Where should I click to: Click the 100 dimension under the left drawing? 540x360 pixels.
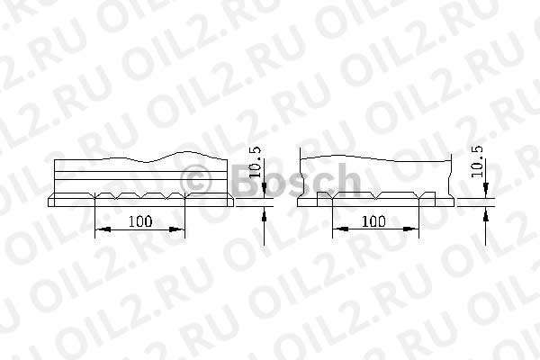point(139,220)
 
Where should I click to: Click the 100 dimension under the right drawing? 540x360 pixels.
point(374,220)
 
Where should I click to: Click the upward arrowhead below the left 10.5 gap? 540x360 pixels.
point(265,214)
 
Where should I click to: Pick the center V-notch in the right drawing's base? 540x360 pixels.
point(375,195)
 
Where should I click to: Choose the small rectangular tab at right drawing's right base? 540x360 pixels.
point(430,196)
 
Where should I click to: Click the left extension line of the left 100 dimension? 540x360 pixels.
point(94,220)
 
